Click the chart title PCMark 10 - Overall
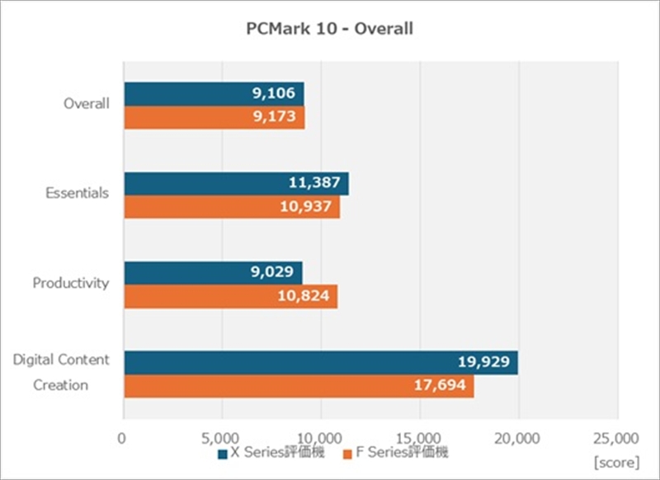[329, 30]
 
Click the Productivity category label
[71, 283]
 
